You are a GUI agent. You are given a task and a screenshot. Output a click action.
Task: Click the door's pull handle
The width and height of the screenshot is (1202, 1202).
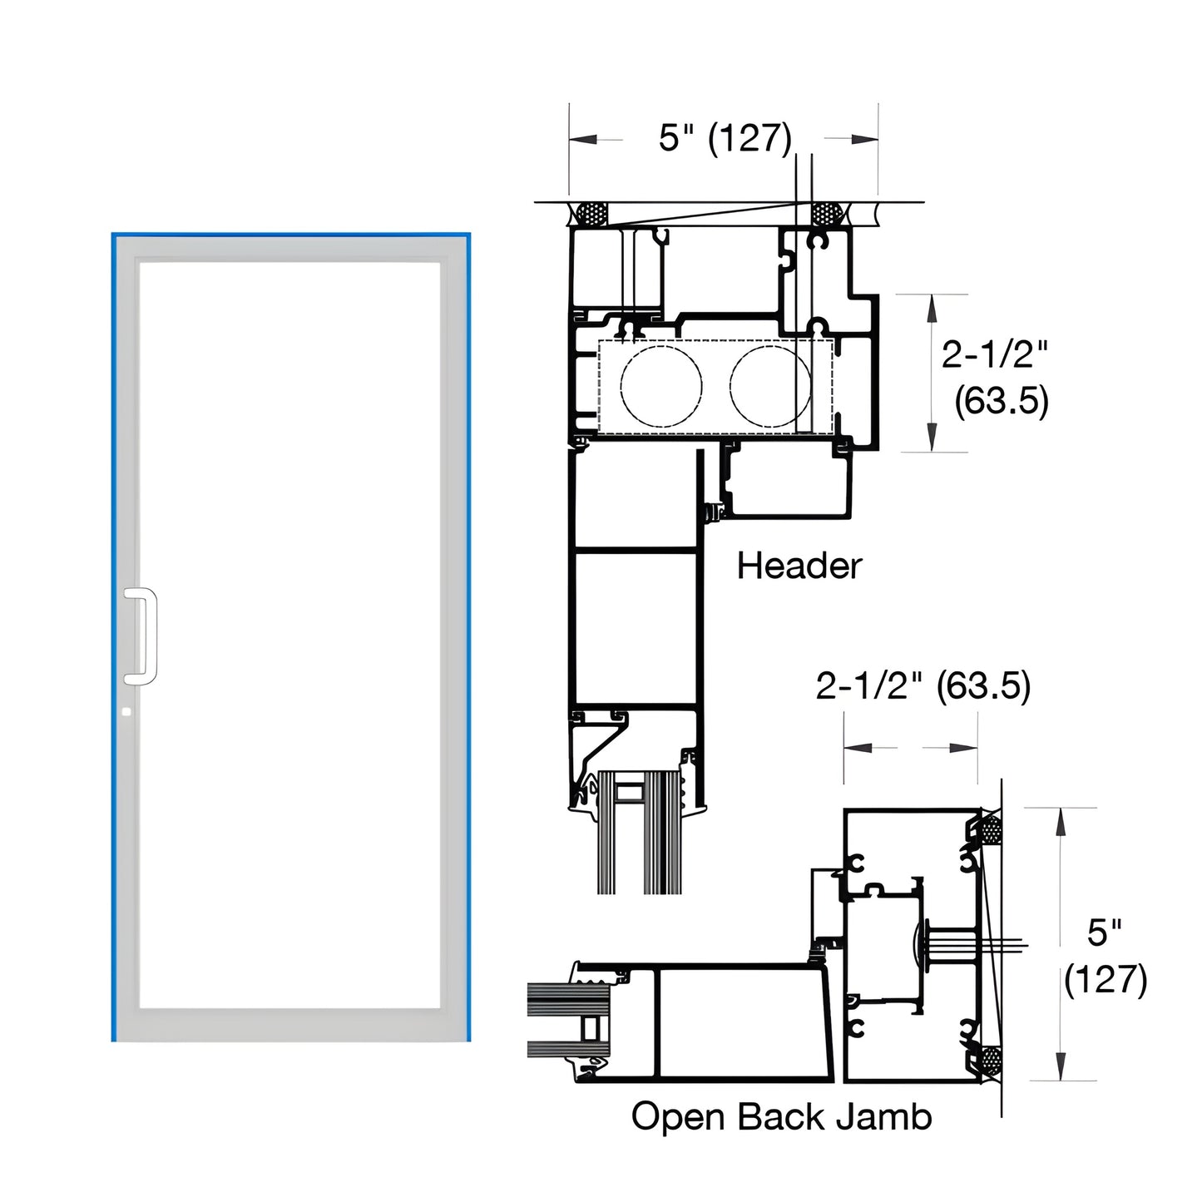coord(141,636)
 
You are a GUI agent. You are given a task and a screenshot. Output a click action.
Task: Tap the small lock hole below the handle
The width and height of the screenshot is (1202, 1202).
coord(126,712)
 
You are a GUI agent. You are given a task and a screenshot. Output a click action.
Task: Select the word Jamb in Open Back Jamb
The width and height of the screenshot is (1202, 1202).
coord(883,1116)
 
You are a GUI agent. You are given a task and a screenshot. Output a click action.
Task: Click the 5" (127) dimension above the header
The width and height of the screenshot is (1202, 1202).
coord(725,138)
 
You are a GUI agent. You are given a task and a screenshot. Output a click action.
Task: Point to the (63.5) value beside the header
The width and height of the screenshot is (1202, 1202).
coord(1001,401)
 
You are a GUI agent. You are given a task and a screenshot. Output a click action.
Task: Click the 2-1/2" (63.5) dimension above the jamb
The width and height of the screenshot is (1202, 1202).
coord(923,686)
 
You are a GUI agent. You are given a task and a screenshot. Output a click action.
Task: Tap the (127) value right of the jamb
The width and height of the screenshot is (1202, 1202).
coord(1106,979)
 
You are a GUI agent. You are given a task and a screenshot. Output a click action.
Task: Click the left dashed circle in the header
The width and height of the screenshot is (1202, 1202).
coord(661,386)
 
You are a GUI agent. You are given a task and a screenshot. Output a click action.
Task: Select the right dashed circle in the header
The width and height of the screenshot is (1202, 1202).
coord(769,386)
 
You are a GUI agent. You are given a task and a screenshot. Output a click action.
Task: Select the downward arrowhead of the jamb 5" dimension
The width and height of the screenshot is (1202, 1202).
coord(1061,1070)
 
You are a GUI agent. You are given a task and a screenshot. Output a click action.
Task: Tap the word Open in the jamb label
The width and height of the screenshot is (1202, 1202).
coord(679,1116)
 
